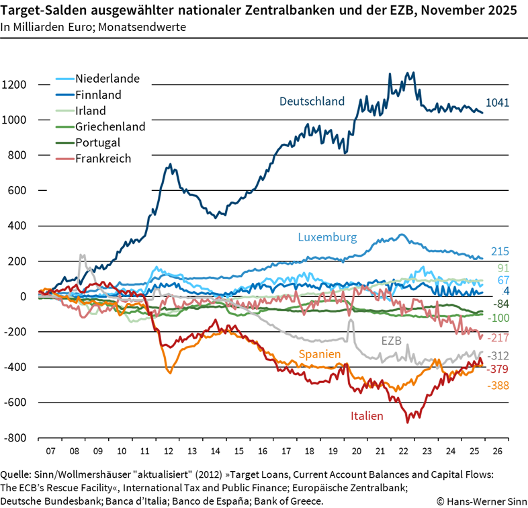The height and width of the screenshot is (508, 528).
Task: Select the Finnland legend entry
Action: click(x=93, y=95)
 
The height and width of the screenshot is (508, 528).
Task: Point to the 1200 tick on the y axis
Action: click(x=14, y=85)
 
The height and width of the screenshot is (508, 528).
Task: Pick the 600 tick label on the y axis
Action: click(x=17, y=190)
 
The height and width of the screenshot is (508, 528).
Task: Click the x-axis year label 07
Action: click(x=50, y=451)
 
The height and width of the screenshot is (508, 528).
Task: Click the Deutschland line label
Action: click(x=312, y=101)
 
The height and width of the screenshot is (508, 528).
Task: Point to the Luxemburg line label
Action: click(x=328, y=237)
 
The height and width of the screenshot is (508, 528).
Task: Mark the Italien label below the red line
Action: click(x=367, y=416)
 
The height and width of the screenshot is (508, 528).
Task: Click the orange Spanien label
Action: click(x=318, y=353)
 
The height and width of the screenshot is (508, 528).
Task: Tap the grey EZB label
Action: click(x=390, y=341)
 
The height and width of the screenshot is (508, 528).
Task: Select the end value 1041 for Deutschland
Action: click(x=498, y=103)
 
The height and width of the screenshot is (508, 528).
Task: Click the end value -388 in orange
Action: click(x=498, y=386)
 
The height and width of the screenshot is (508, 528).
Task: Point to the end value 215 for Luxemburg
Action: click(x=499, y=252)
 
